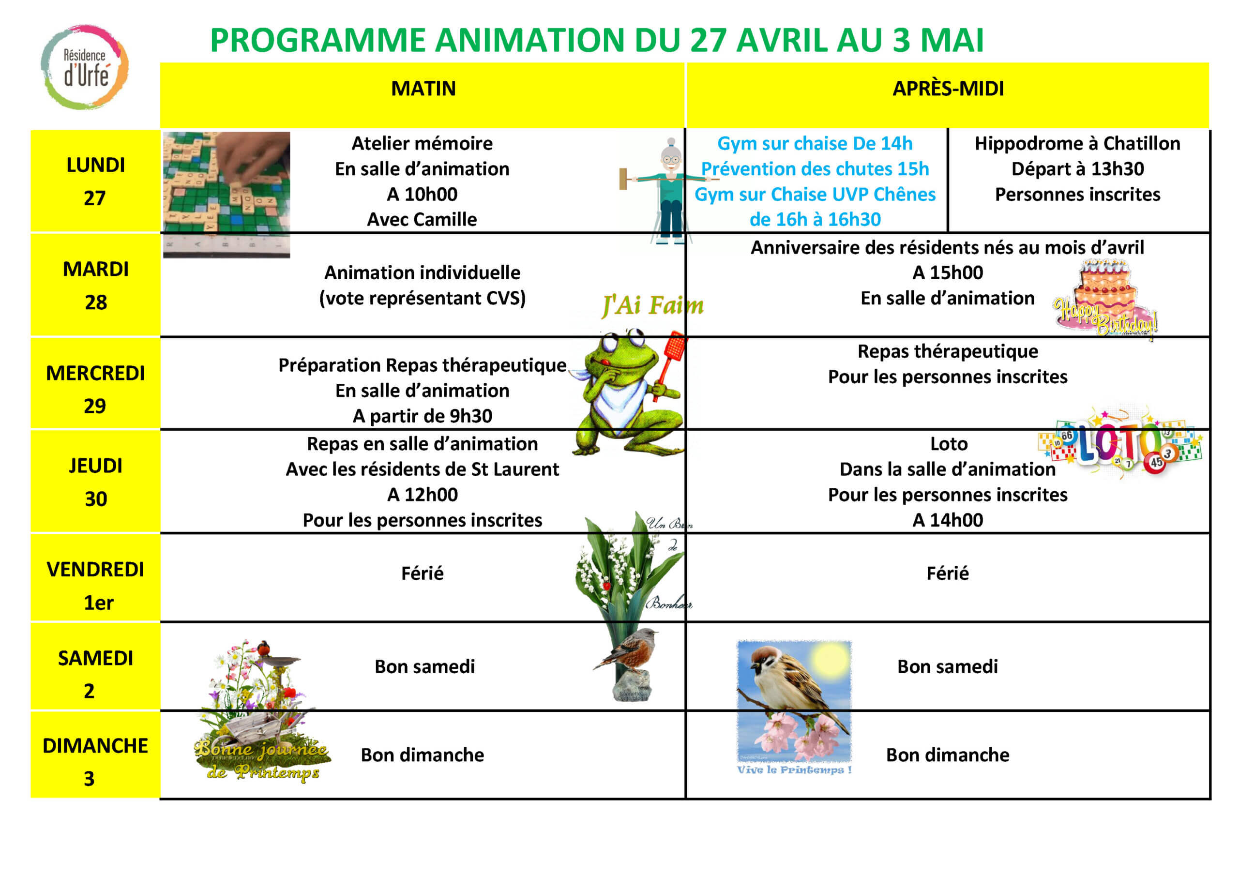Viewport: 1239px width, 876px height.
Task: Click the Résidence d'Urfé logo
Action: [x=85, y=67]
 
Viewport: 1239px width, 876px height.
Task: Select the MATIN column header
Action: [x=423, y=89]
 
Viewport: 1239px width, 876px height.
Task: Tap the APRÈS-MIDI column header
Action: [x=948, y=89]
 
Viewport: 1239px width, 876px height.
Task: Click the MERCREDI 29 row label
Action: [x=95, y=389]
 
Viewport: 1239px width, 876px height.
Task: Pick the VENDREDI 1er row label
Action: [x=95, y=586]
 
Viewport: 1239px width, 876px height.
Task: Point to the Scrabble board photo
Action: [x=227, y=195]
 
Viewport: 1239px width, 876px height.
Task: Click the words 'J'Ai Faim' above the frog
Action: [x=653, y=305]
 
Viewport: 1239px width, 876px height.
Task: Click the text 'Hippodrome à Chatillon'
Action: [x=1078, y=144]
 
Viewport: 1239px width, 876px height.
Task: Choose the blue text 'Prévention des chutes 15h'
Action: [x=815, y=169]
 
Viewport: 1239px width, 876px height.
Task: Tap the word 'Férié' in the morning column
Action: [x=422, y=573]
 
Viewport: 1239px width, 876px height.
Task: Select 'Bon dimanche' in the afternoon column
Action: [x=948, y=755]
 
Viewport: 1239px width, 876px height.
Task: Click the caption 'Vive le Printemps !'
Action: [x=794, y=770]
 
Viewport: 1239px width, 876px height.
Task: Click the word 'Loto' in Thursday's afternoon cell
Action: [x=949, y=444]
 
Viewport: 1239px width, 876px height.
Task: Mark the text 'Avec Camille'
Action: [x=422, y=220]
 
